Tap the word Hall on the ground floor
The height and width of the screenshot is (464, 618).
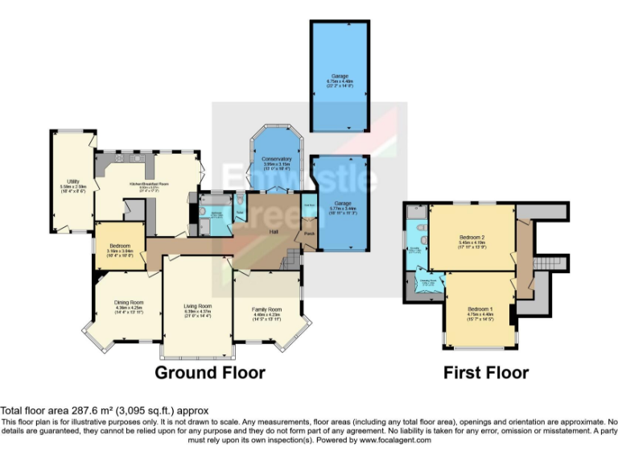tap(274, 230)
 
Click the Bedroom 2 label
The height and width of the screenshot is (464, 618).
tap(472, 236)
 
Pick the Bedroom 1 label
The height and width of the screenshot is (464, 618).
tap(481, 309)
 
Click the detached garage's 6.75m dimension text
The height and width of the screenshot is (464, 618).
tap(337, 81)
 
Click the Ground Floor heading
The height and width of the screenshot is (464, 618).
tap(209, 372)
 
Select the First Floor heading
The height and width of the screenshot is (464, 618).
tap(485, 372)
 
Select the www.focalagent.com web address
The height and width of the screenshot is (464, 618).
tap(395, 440)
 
